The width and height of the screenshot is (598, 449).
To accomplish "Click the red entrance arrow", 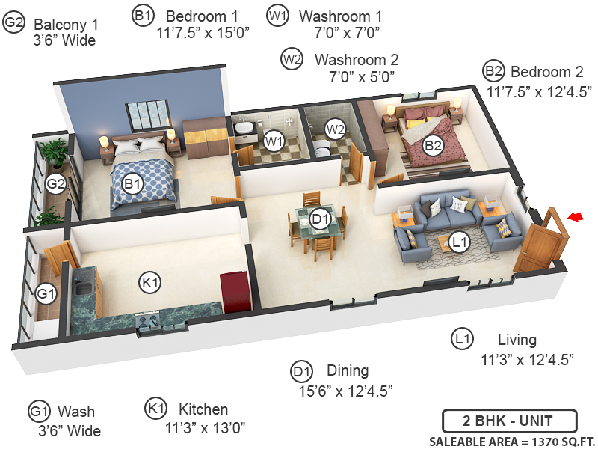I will (x=575, y=217).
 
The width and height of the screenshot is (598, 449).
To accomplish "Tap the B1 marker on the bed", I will (x=133, y=183).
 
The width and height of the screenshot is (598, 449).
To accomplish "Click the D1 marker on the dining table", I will (x=320, y=219).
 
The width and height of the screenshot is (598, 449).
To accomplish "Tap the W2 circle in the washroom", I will (x=336, y=129).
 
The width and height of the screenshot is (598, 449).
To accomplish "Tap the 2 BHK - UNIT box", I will (x=508, y=420).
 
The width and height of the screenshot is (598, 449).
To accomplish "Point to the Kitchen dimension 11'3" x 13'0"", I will (x=206, y=428).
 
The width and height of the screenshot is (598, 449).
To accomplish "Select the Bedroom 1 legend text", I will (x=203, y=16).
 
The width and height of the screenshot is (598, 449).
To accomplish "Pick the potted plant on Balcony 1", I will (x=53, y=154).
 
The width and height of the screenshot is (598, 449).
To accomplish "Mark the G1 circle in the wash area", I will (x=46, y=294).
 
